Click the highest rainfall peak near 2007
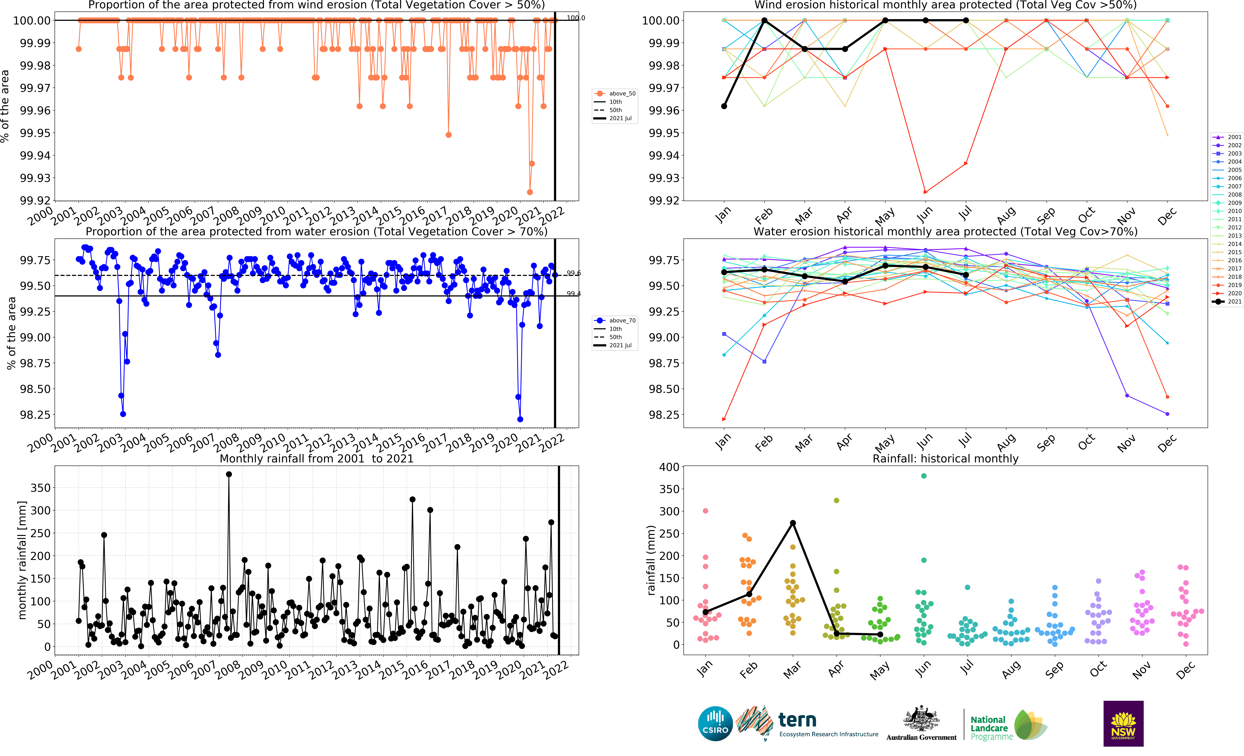coord(229,474)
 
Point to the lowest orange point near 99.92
coord(530,192)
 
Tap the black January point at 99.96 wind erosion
coord(724,106)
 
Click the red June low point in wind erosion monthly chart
coord(925,192)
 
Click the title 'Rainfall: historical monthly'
coord(945,458)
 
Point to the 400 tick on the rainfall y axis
coord(669,467)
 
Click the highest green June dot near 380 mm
coord(924,476)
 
